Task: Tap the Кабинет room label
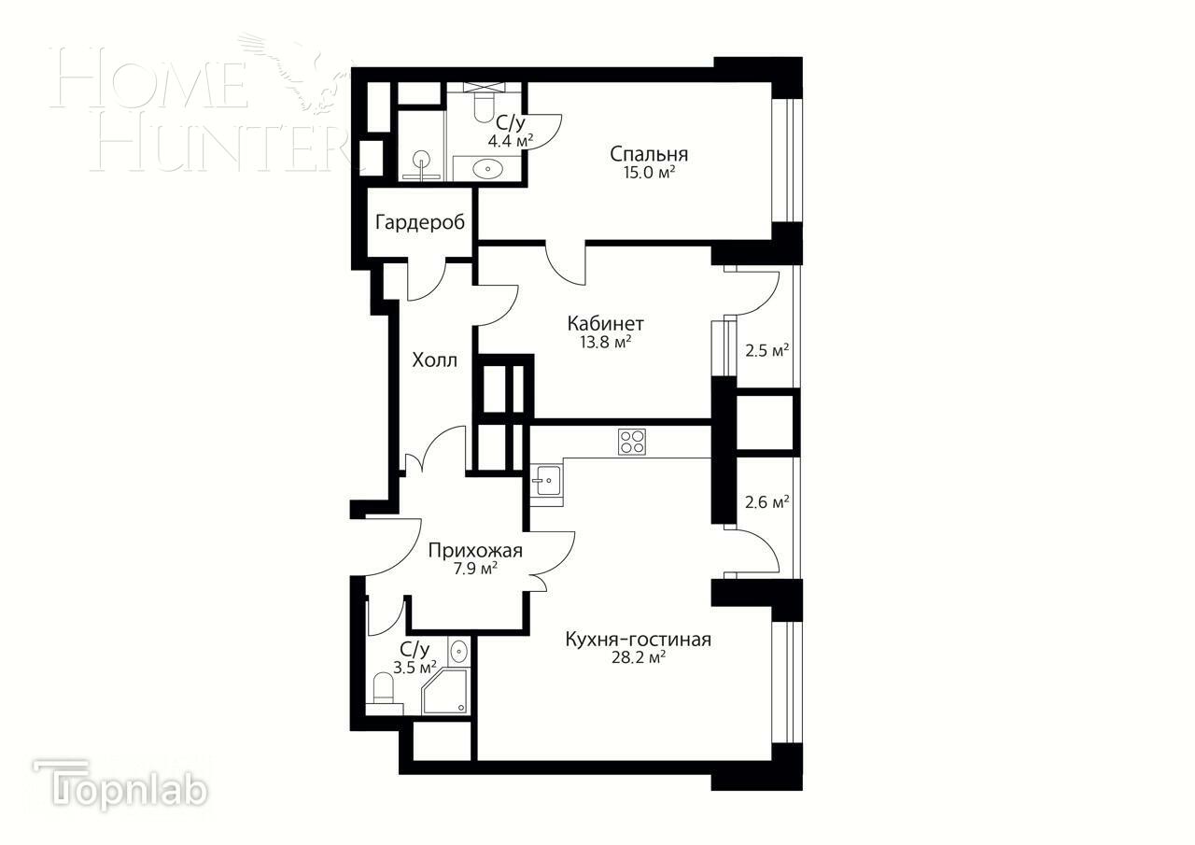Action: (605, 324)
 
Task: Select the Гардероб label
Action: (420, 223)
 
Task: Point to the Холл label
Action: (435, 360)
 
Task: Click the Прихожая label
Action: (475, 551)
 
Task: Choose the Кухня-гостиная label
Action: (638, 640)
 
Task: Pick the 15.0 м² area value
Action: (650, 173)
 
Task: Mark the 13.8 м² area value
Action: (605, 342)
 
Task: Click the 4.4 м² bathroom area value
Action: (510, 141)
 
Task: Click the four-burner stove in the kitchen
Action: (632, 441)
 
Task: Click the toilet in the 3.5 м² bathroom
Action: (384, 688)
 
